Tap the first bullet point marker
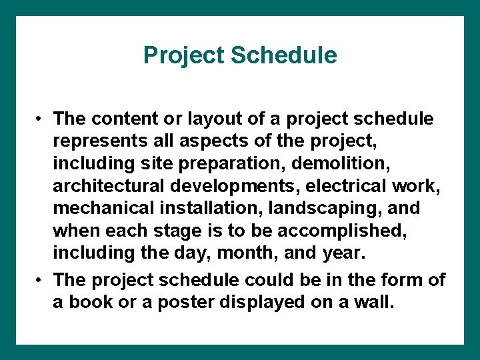(x=41, y=119)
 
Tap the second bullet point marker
(x=41, y=280)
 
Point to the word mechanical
(x=103, y=209)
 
